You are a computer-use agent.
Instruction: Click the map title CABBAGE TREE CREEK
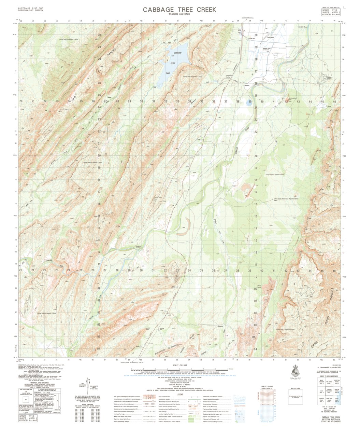pos(179,10)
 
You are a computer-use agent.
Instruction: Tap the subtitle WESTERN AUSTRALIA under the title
pos(179,14)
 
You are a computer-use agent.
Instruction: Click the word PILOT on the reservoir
pos(173,63)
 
